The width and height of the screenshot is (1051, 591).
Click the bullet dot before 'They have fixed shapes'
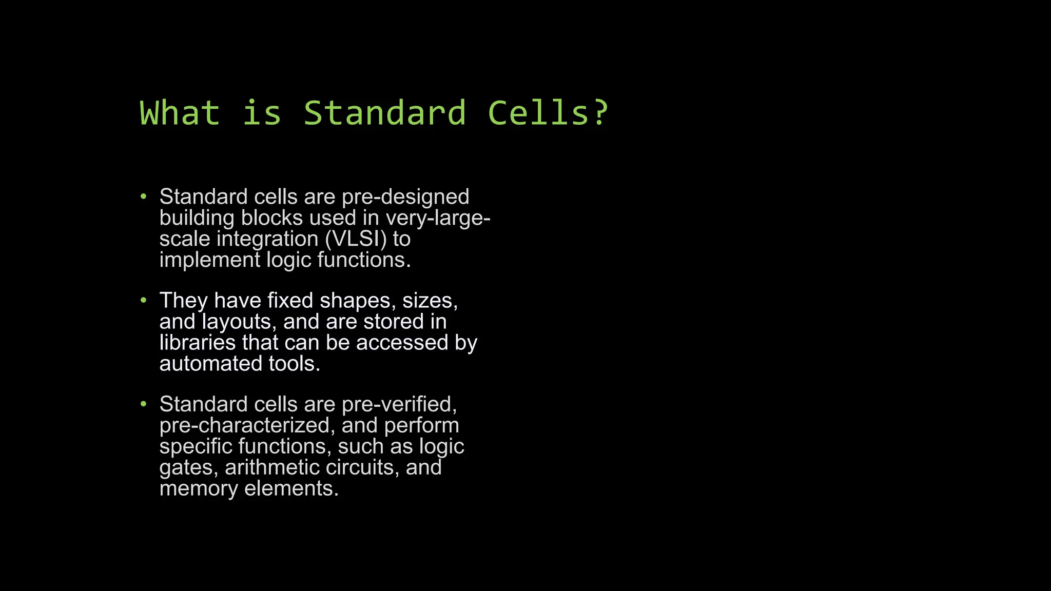[x=144, y=300]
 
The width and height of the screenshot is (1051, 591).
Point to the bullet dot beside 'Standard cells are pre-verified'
[x=144, y=404]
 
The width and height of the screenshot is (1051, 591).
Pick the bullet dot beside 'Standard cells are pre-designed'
[x=144, y=196]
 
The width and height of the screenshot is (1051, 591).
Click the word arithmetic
[x=272, y=467]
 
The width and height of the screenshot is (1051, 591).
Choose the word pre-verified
[x=399, y=404]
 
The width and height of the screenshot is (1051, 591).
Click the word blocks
[x=273, y=218]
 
